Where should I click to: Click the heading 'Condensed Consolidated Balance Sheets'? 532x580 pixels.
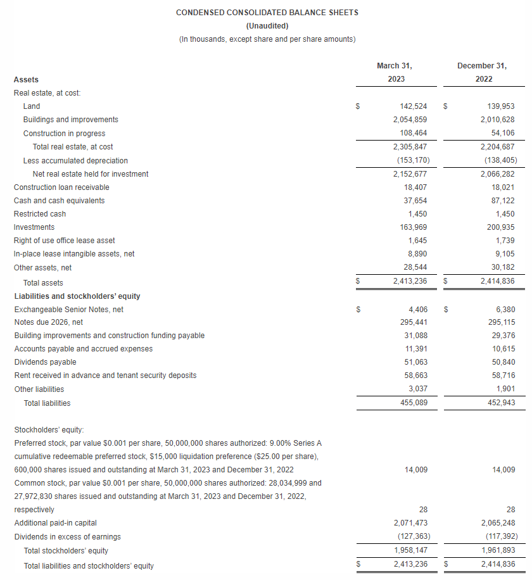click(267, 13)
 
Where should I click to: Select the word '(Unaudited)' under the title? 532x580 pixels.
click(267, 26)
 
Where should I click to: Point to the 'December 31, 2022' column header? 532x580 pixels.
click(483, 72)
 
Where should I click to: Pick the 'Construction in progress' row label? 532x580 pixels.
click(64, 134)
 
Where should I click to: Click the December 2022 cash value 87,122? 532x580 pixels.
click(501, 201)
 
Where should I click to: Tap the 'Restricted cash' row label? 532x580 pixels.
click(40, 214)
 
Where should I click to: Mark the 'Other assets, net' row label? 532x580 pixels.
click(42, 268)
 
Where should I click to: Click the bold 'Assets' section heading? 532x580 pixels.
click(26, 80)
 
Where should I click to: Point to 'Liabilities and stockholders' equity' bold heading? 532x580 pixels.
click(77, 296)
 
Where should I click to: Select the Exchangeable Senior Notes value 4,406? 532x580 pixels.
click(418, 310)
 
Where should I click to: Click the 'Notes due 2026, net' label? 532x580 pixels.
click(49, 322)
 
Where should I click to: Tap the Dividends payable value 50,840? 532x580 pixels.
click(501, 362)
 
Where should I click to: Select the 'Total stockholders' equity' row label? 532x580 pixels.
click(66, 551)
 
